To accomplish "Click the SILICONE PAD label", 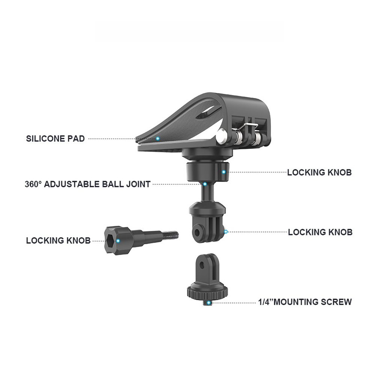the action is [55, 139].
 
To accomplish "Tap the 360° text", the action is [33, 184].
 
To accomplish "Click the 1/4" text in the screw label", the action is [266, 302].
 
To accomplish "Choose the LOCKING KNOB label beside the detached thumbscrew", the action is [58, 241].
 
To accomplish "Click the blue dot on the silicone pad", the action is [158, 139].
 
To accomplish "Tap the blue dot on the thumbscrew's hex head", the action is [118, 240].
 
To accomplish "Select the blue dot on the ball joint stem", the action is [205, 184].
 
